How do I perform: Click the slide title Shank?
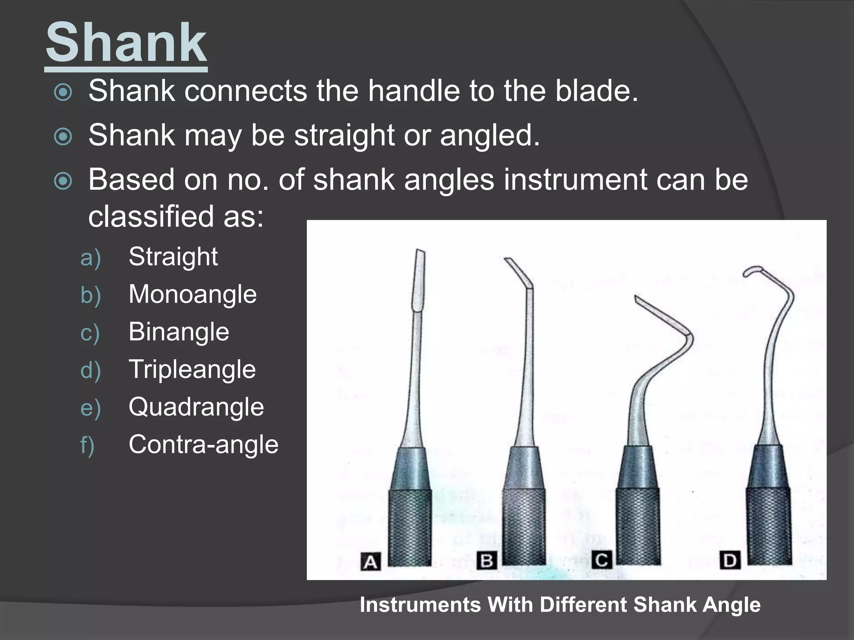[x=126, y=43]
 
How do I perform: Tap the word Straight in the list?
[x=173, y=257]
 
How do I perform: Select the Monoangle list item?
[x=192, y=294]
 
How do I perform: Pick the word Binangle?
[x=178, y=332]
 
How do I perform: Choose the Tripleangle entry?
[x=192, y=370]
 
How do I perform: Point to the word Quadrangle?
[x=196, y=407]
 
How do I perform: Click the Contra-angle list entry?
[x=203, y=445]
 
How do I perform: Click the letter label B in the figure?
[x=487, y=560]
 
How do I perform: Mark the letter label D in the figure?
[x=730, y=560]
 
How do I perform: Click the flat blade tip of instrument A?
[x=418, y=279]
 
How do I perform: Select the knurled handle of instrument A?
[x=410, y=527]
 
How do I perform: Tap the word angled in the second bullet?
[x=490, y=135]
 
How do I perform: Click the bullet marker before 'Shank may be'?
[x=63, y=136]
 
